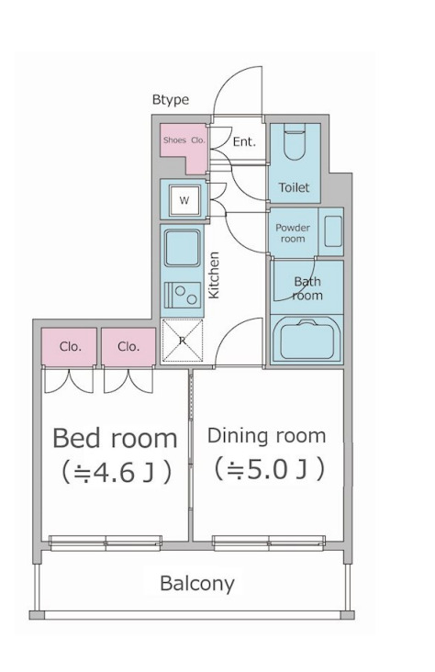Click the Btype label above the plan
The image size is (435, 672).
171,100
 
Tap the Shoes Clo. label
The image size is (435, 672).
184,140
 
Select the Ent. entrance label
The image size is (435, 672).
244,142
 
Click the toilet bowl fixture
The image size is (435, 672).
295,141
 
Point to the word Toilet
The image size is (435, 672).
294,187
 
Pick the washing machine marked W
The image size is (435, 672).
184,200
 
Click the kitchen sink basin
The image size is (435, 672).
183,248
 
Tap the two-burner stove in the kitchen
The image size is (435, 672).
183,295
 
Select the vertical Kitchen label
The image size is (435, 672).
214,274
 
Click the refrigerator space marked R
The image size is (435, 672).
182,342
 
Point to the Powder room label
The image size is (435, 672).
293,233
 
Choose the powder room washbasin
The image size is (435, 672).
333,231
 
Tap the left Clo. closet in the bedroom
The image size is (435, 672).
70,347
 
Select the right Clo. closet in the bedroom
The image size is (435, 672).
128,347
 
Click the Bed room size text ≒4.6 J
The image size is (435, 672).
117,472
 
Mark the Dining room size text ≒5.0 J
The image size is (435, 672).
269,469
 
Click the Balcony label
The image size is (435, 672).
197,584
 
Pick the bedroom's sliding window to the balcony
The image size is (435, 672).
106,543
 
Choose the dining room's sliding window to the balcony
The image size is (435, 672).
269,543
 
